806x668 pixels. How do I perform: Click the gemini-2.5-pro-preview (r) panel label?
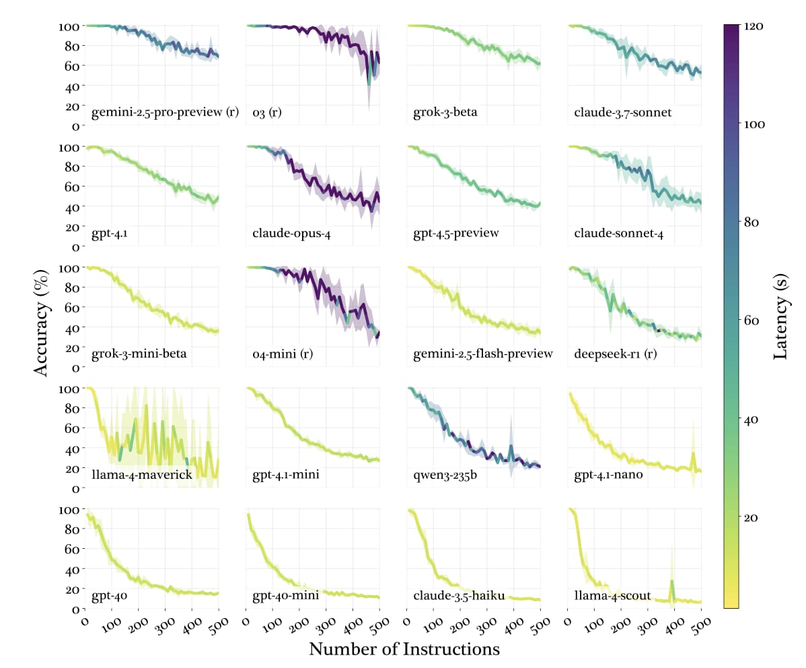pyautogui.click(x=166, y=112)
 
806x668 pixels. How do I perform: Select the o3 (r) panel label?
pyautogui.click(x=266, y=112)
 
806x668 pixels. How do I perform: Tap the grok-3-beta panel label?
pyautogui.click(x=445, y=112)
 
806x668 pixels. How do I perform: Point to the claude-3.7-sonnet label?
pyautogui.click(x=622, y=112)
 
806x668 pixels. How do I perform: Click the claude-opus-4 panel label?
pyautogui.click(x=291, y=234)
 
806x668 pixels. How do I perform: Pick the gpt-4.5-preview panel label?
pyautogui.click(x=456, y=234)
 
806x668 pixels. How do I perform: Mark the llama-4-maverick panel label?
pyautogui.click(x=142, y=475)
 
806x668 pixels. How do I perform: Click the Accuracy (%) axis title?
pyautogui.click(x=42, y=316)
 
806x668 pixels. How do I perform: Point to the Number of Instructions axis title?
pyautogui.click(x=404, y=649)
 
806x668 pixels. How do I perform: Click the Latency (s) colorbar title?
pyautogui.click(x=781, y=316)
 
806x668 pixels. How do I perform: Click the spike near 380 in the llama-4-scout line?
pyautogui.click(x=671, y=582)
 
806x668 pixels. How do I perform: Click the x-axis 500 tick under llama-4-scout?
pyautogui.click(x=697, y=622)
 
